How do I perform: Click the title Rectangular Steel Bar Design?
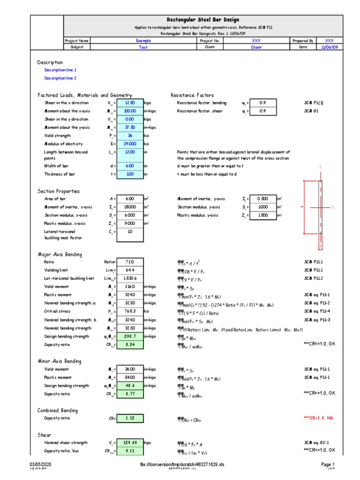(x=203, y=20)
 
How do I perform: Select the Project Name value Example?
(x=143, y=41)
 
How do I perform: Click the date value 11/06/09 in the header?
(x=330, y=47)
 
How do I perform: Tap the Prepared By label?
(x=303, y=41)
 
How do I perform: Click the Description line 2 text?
(x=60, y=78)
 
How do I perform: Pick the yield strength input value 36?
(x=130, y=135)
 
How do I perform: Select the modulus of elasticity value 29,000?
(x=130, y=143)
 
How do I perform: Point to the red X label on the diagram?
(x=332, y=207)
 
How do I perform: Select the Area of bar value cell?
(x=130, y=199)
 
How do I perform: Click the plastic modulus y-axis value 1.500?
(x=263, y=215)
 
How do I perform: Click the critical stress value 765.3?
(x=130, y=311)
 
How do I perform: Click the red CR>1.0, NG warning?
(x=319, y=418)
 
